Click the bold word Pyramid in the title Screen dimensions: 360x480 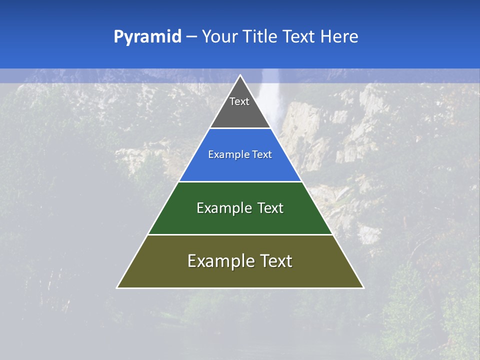(147, 37)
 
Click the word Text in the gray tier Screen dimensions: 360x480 (239, 101)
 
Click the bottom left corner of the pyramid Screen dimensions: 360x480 (117, 287)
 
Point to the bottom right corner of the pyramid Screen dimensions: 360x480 (363, 287)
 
